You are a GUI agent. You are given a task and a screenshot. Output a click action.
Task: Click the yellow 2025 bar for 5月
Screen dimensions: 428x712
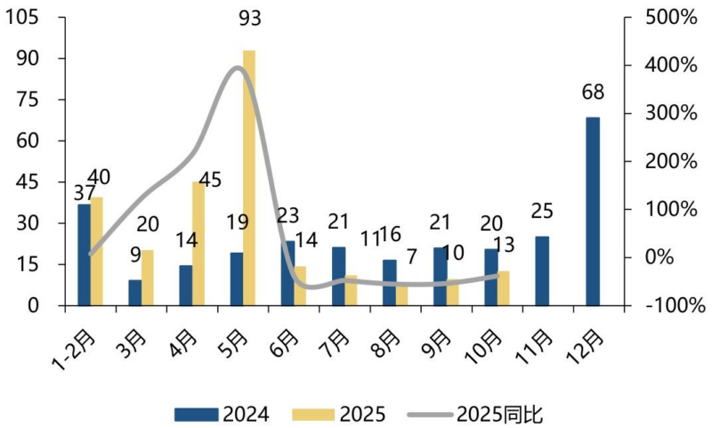click(x=249, y=178)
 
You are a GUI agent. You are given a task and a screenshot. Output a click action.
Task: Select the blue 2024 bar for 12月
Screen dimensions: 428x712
click(x=593, y=211)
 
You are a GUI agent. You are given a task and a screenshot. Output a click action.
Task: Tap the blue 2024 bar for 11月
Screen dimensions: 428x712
click(x=542, y=271)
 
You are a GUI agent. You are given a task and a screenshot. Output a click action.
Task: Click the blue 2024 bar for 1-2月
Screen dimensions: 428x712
click(x=84, y=254)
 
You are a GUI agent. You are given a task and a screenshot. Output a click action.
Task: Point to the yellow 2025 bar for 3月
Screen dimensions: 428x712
click(x=148, y=278)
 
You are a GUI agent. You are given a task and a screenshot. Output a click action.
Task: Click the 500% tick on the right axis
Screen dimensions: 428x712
click(x=669, y=17)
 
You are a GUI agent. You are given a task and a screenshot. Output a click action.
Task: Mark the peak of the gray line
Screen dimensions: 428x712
click(x=239, y=68)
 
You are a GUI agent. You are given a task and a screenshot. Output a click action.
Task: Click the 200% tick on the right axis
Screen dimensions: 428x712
click(x=669, y=161)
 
